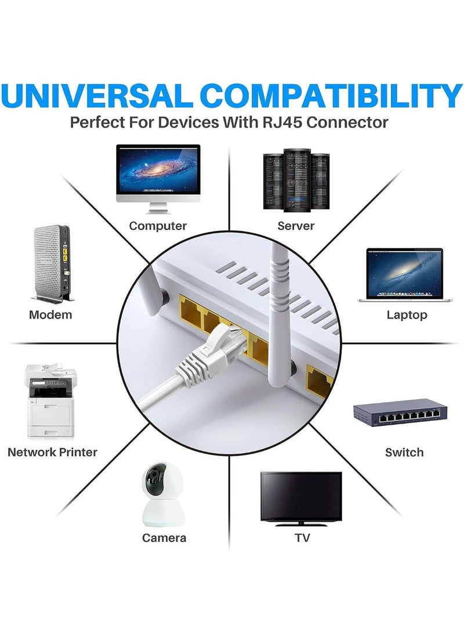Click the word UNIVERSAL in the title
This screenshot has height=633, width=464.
(96, 96)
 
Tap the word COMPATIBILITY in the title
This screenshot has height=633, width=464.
(331, 96)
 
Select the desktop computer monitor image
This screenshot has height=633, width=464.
(158, 179)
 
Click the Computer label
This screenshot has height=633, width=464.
(158, 226)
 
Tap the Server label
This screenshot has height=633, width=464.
(296, 226)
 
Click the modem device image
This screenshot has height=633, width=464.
(53, 263)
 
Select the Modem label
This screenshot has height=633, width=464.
(50, 314)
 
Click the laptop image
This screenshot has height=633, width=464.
(405, 274)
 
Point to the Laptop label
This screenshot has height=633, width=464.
(407, 314)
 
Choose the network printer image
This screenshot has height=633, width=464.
(50, 400)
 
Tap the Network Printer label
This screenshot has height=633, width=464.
(52, 452)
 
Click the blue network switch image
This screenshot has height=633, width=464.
(400, 413)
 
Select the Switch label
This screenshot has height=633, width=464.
(404, 452)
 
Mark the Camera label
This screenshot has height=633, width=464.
(164, 538)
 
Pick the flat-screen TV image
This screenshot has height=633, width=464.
(301, 498)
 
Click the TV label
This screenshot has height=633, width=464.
(302, 538)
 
